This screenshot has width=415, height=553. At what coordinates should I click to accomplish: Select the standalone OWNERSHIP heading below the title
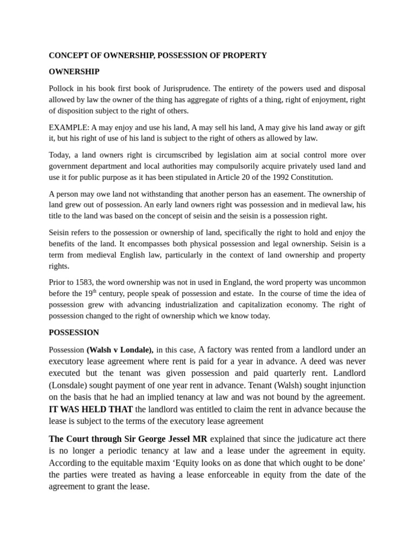pos(74,71)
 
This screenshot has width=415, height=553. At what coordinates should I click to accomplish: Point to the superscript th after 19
pos(94,291)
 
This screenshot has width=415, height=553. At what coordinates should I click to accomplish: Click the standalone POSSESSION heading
pos(74,332)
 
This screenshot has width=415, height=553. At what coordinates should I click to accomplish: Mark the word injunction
pos(344,385)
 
